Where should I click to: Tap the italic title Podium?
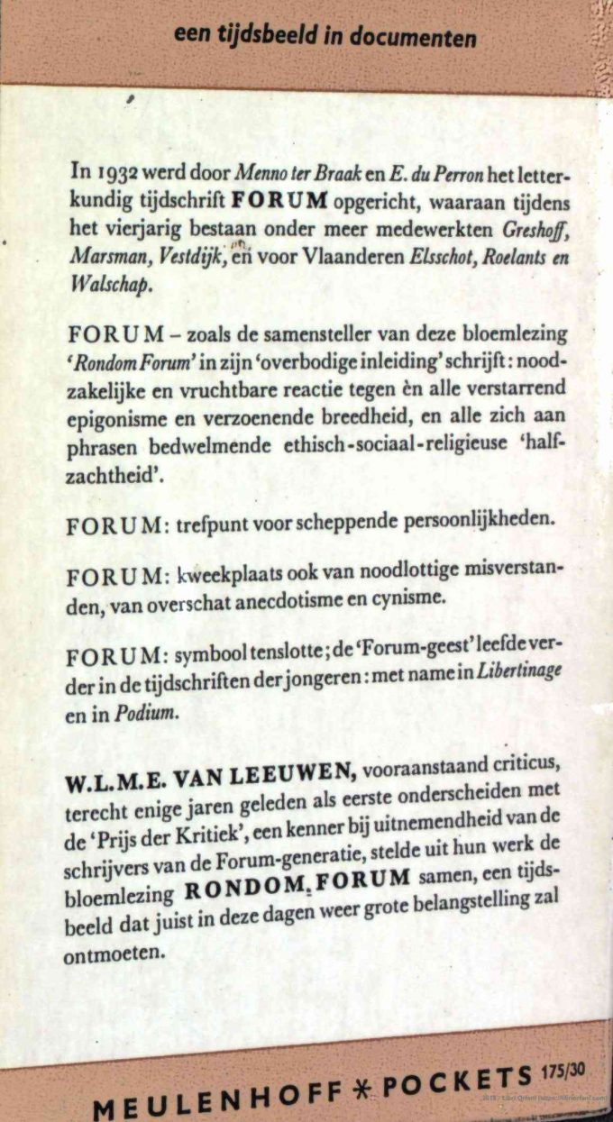[139, 713]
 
